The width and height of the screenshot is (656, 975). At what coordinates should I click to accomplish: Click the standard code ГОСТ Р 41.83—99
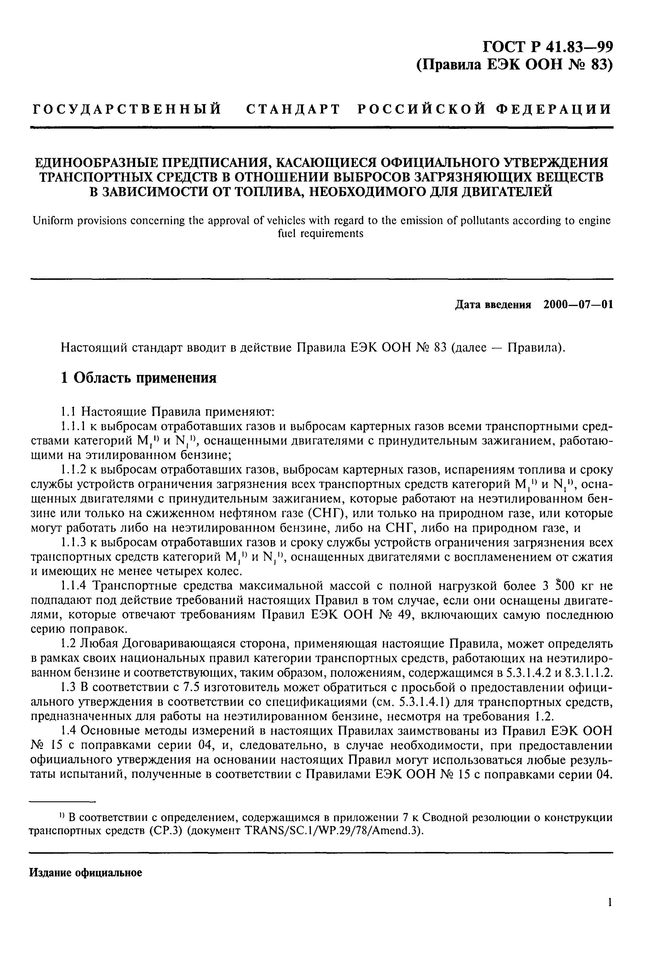548,46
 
